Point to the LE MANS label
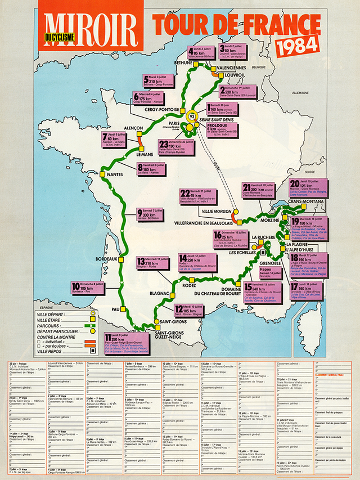point(145,154)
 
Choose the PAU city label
point(116,309)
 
